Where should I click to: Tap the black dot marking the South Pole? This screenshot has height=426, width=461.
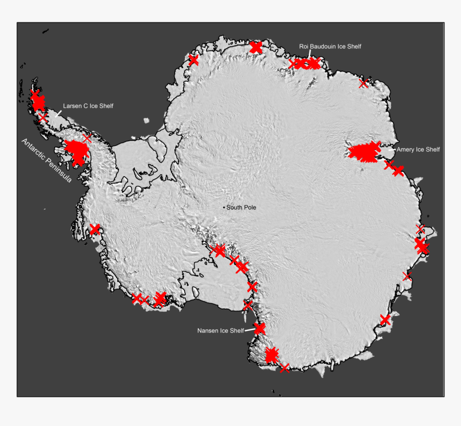[x=224, y=207]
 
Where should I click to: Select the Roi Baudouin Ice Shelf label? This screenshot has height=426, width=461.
[x=330, y=47]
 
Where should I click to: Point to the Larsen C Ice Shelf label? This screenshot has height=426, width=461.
[x=88, y=106]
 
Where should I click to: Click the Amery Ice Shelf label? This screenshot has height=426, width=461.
[x=418, y=149]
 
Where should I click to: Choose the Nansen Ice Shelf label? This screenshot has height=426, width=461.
[x=220, y=330]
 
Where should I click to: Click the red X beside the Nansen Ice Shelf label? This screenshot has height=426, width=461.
[x=259, y=328]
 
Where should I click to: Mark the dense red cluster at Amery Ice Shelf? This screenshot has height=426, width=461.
[x=363, y=153]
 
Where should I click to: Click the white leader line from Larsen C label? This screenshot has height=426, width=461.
[x=58, y=113]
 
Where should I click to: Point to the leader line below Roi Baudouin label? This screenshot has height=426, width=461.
[x=309, y=54]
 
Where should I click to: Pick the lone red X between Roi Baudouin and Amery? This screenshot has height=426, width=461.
[x=363, y=83]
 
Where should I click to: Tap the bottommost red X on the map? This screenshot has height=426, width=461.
[x=284, y=367]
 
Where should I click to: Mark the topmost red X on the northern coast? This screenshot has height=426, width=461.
[x=256, y=47]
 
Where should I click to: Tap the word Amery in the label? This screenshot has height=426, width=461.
[x=405, y=149]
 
